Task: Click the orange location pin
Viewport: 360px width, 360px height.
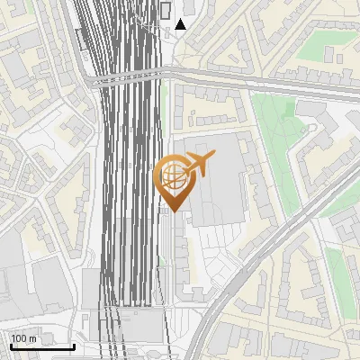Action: click(175, 179)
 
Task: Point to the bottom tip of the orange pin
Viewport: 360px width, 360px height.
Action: click(174, 211)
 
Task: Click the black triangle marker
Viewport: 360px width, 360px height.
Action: click(181, 24)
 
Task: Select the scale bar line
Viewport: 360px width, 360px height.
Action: click(41, 346)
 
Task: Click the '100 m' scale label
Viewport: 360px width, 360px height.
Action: click(23, 338)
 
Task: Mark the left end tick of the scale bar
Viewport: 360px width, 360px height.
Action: click(10, 345)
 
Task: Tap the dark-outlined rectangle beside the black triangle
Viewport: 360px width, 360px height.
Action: click(166, 12)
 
